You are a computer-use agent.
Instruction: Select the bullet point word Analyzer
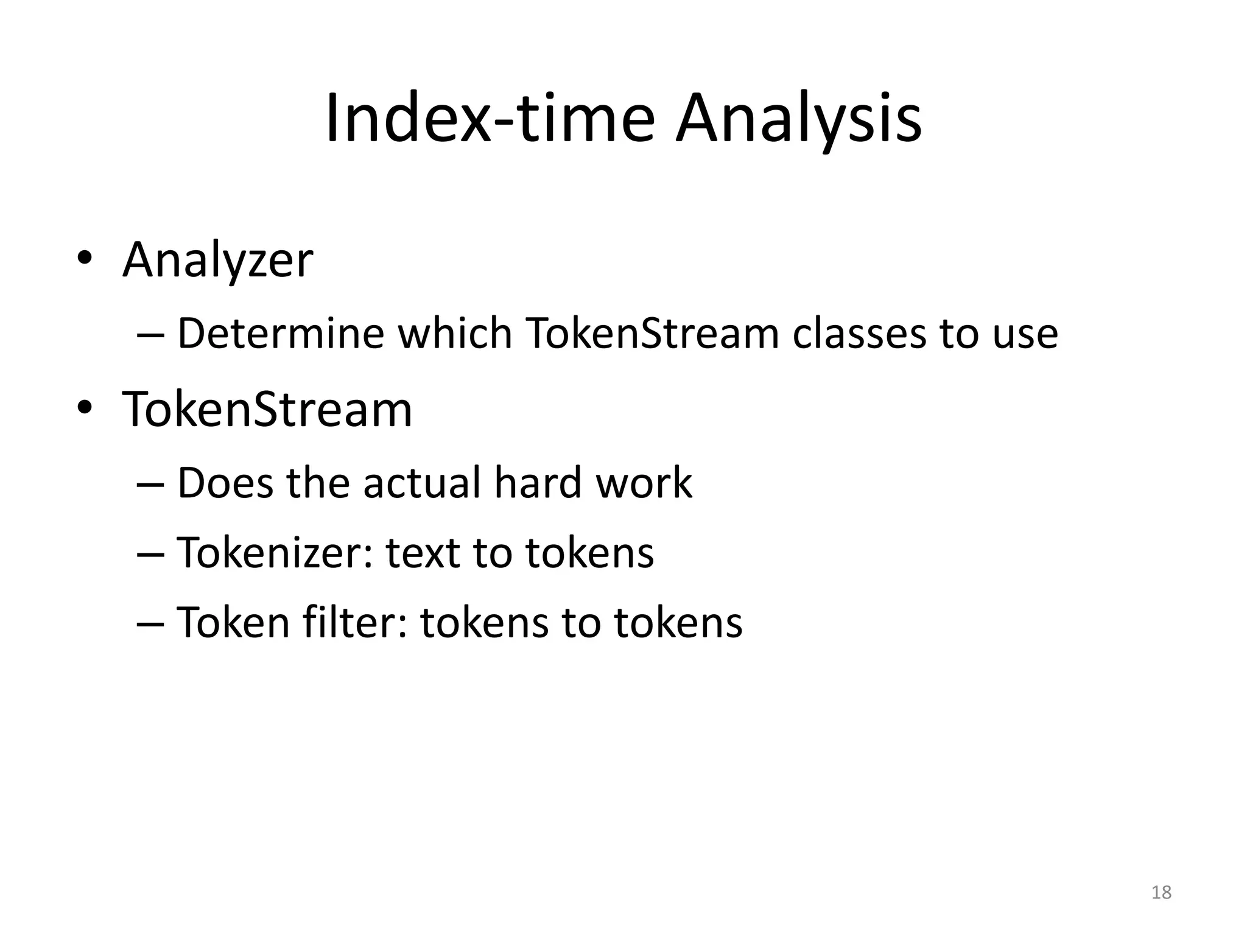tap(217, 261)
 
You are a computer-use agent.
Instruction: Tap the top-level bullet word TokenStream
tap(267, 409)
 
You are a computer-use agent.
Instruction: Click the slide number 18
tap(1161, 892)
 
